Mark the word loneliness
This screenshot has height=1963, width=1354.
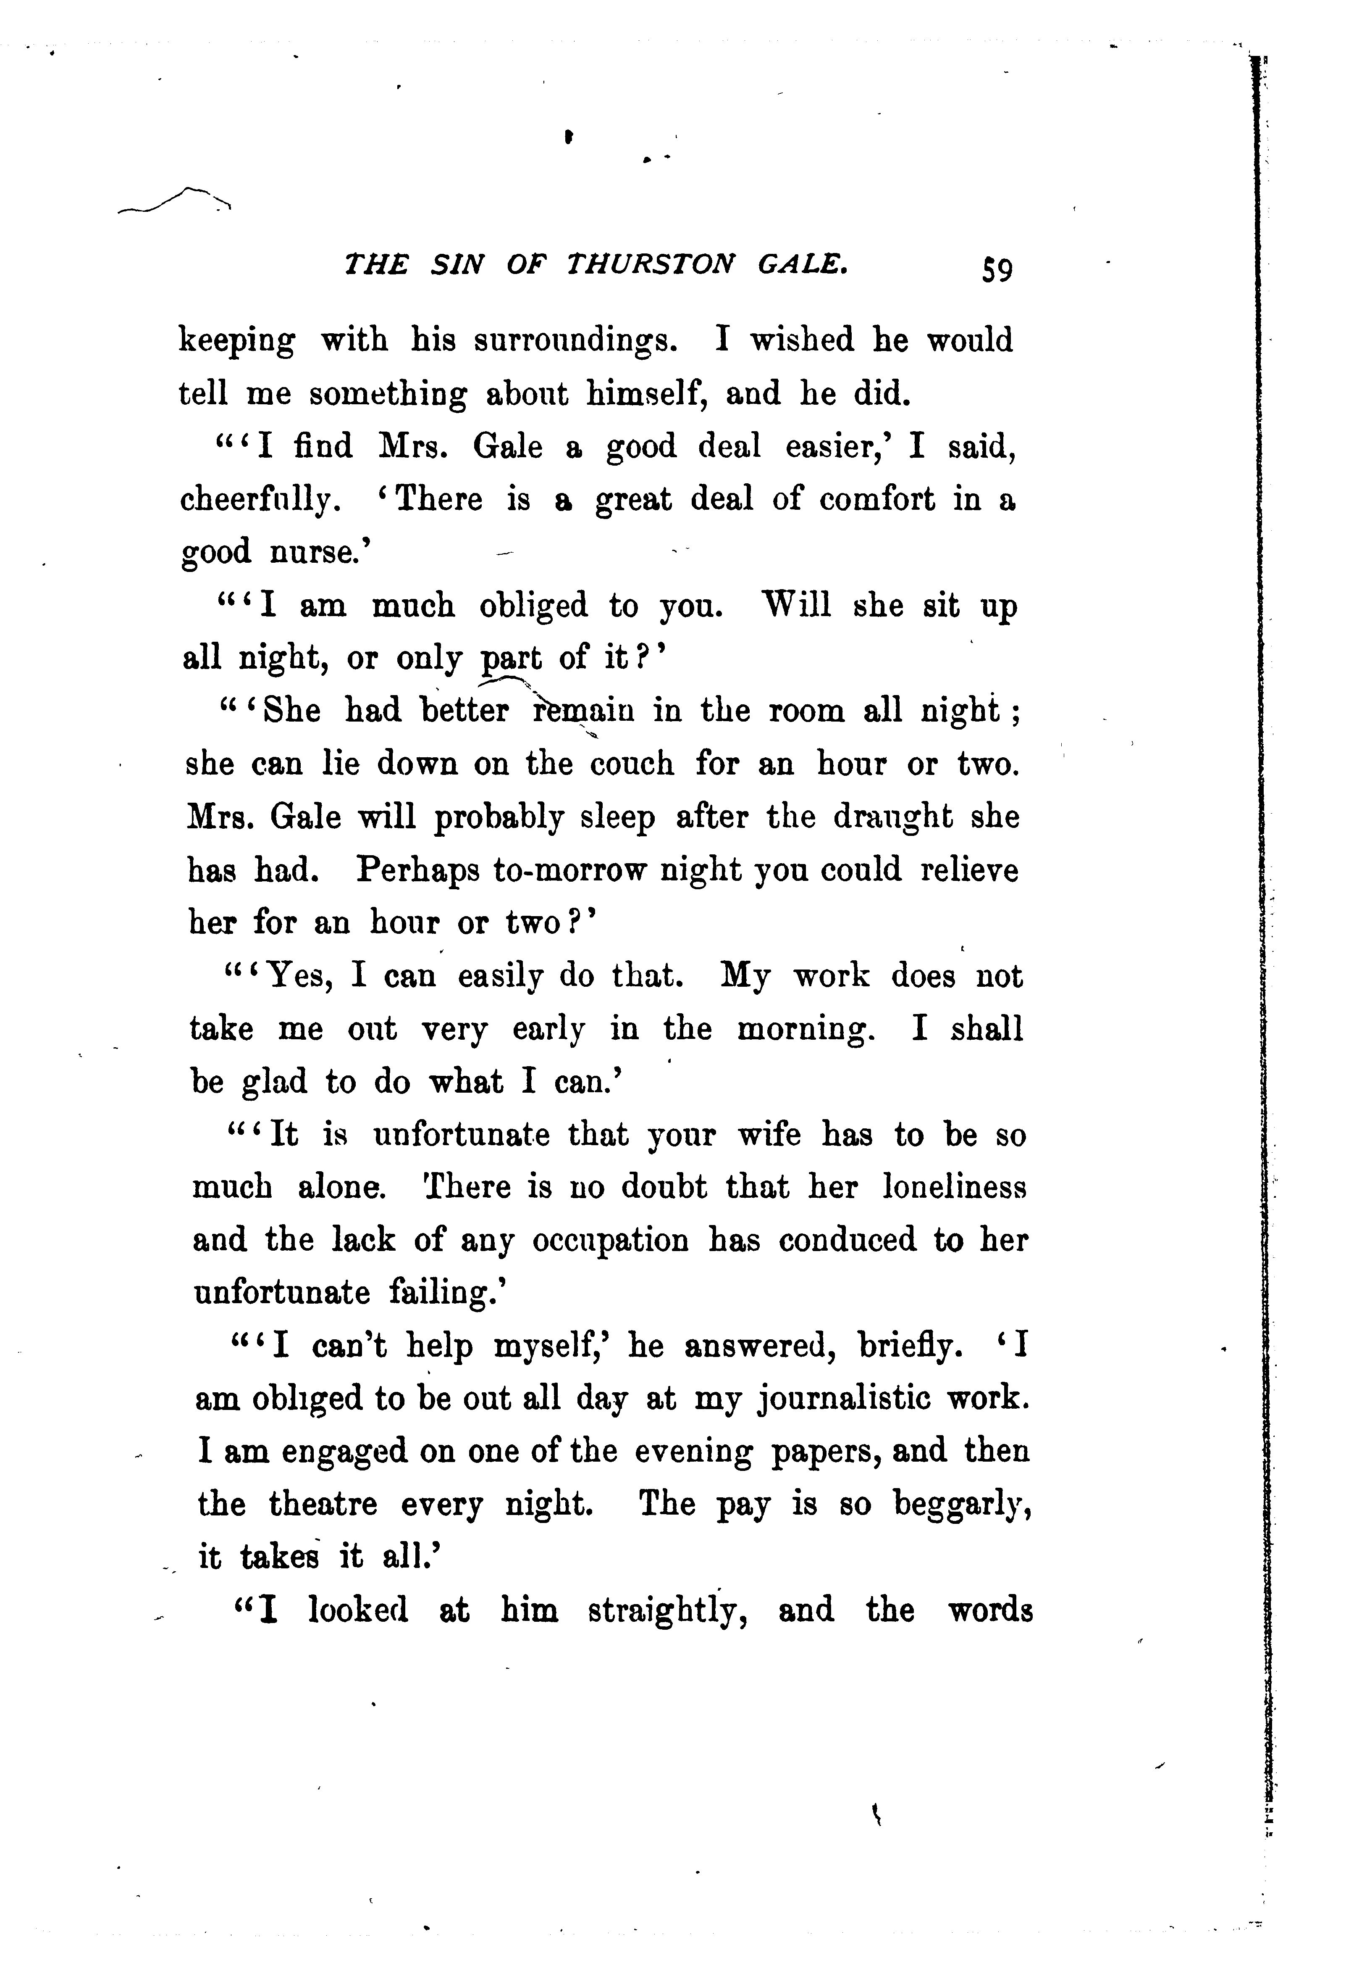955,1187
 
